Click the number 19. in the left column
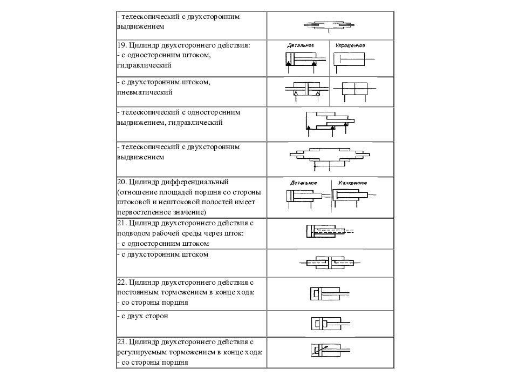coord(121,46)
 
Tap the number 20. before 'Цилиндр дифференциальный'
coord(121,182)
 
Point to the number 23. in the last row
coord(121,343)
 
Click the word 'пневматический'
coord(144,92)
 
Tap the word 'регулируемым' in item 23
coord(142,352)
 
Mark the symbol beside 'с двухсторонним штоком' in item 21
coord(326,263)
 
